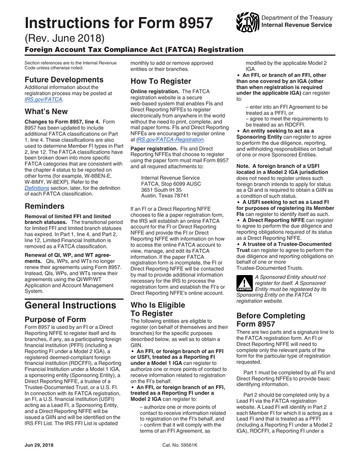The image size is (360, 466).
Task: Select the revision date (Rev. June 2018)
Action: pyautogui.click(x=65, y=39)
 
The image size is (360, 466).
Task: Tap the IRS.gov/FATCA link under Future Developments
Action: pyautogui.click(x=43, y=99)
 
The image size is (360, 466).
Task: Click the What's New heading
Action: pyautogui.click(x=46, y=111)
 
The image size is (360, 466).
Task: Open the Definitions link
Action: pyautogui.click(x=37, y=188)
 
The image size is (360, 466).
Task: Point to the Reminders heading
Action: pyautogui.click(x=44, y=206)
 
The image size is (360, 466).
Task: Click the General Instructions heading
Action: pyautogui.click(x=70, y=305)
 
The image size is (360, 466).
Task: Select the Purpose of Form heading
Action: pyautogui.click(x=55, y=319)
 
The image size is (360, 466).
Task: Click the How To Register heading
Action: pyautogui.click(x=161, y=81)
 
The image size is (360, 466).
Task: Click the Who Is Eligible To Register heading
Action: pyautogui.click(x=158, y=309)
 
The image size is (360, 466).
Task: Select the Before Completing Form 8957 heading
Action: pyautogui.click(x=271, y=320)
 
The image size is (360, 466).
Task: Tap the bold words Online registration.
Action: pyautogui.click(x=155, y=91)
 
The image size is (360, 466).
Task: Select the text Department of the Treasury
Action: pyautogui.click(x=297, y=18)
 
